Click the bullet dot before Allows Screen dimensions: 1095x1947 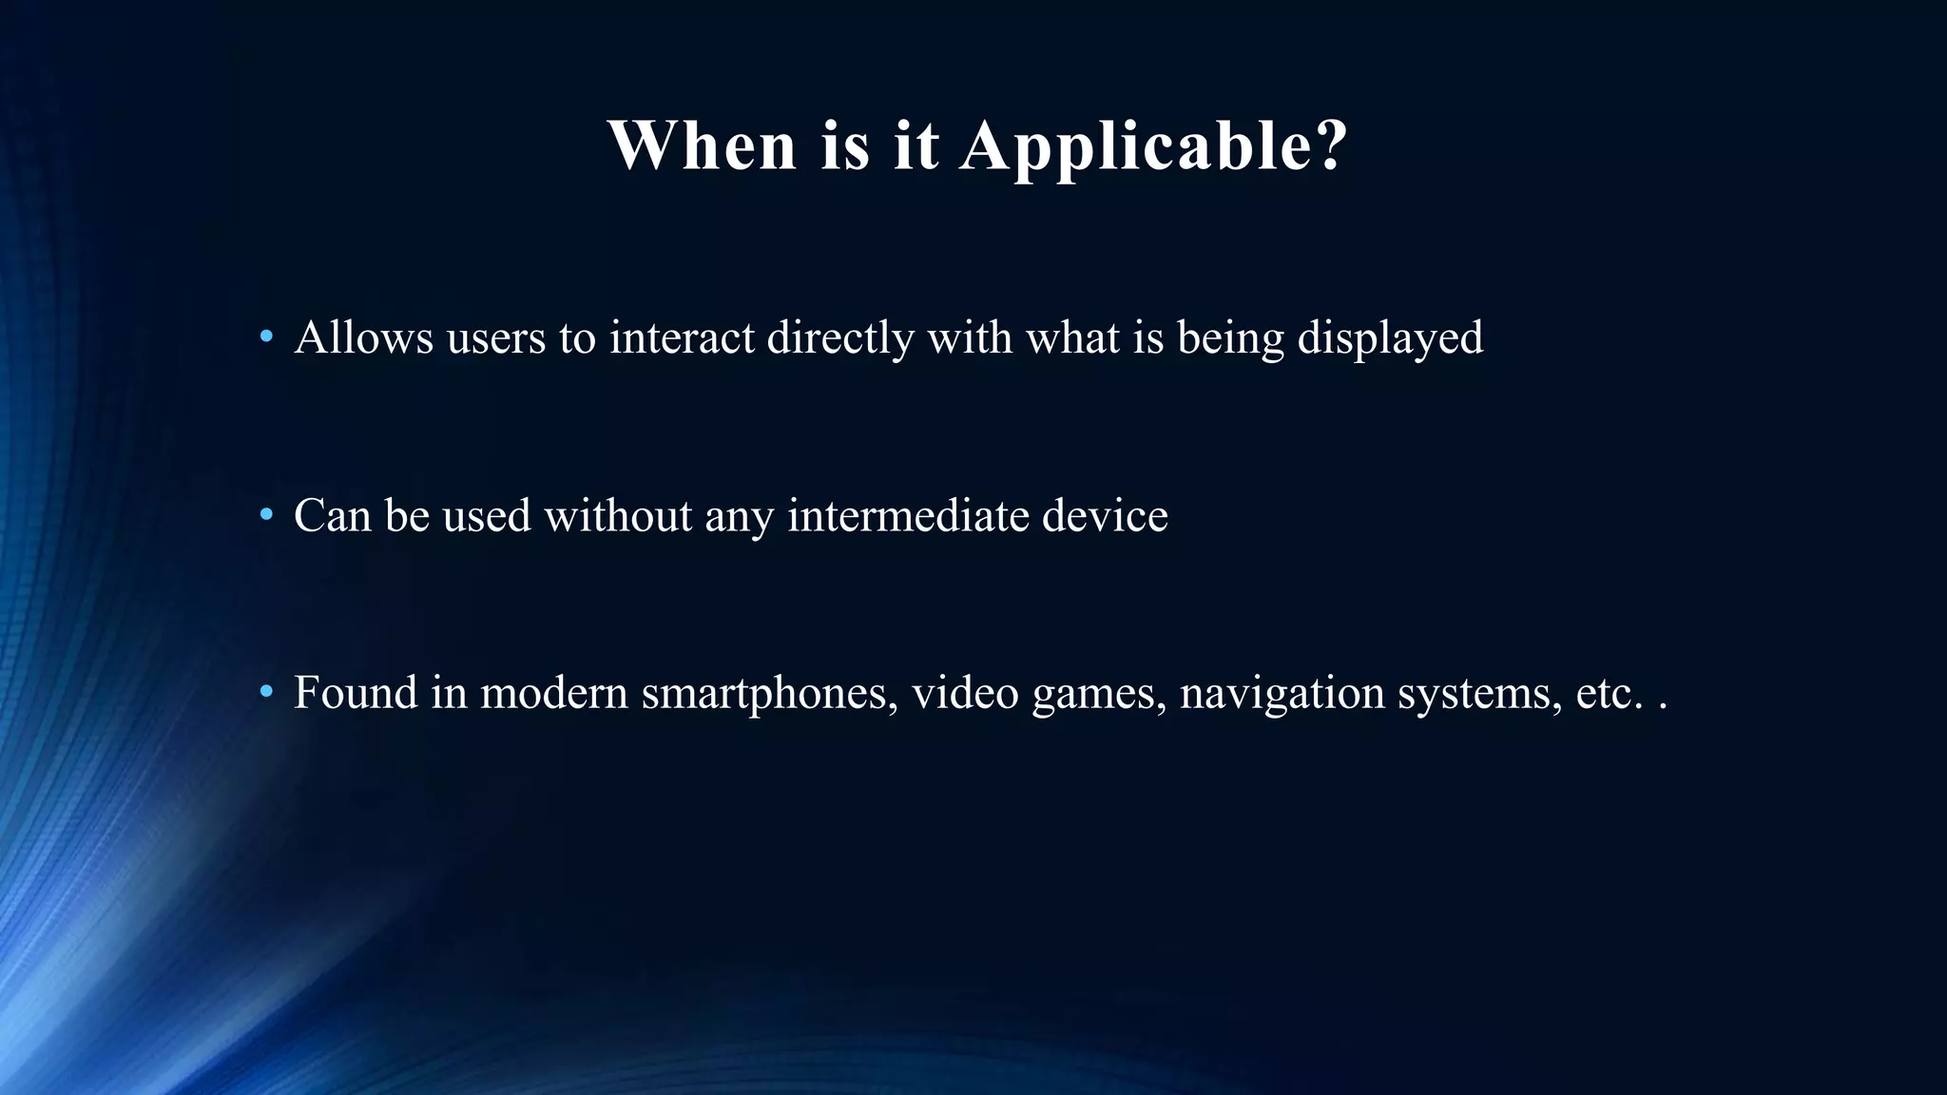click(x=267, y=336)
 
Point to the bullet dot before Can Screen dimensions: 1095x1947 click(x=267, y=515)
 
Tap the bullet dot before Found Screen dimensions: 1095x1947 click(x=267, y=691)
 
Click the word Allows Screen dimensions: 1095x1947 click(x=363, y=337)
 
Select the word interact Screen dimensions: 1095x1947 click(x=682, y=337)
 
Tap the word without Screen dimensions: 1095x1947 click(x=618, y=516)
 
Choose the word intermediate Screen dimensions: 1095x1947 click(x=908, y=516)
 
